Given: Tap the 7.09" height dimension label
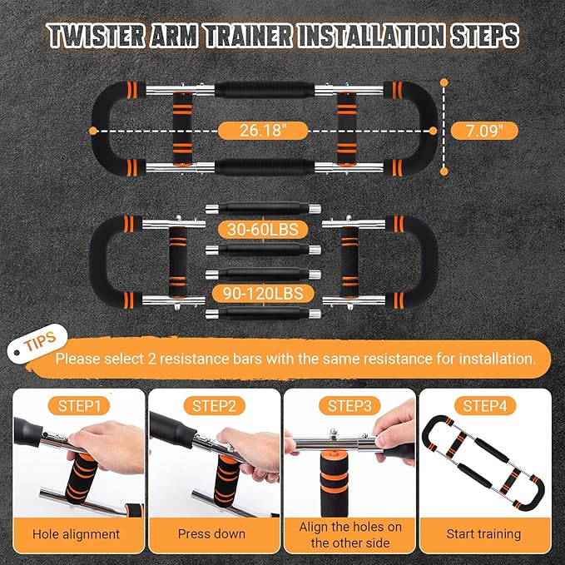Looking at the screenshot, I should coord(486,130).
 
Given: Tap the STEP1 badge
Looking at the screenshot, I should coord(79,406).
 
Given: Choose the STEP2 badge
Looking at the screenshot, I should coord(214,406).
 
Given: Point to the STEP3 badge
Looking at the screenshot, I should coord(349,406).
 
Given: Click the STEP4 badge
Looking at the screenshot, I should coord(485,406).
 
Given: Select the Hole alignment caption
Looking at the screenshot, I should coord(77,534).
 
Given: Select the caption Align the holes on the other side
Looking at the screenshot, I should coord(349,534).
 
